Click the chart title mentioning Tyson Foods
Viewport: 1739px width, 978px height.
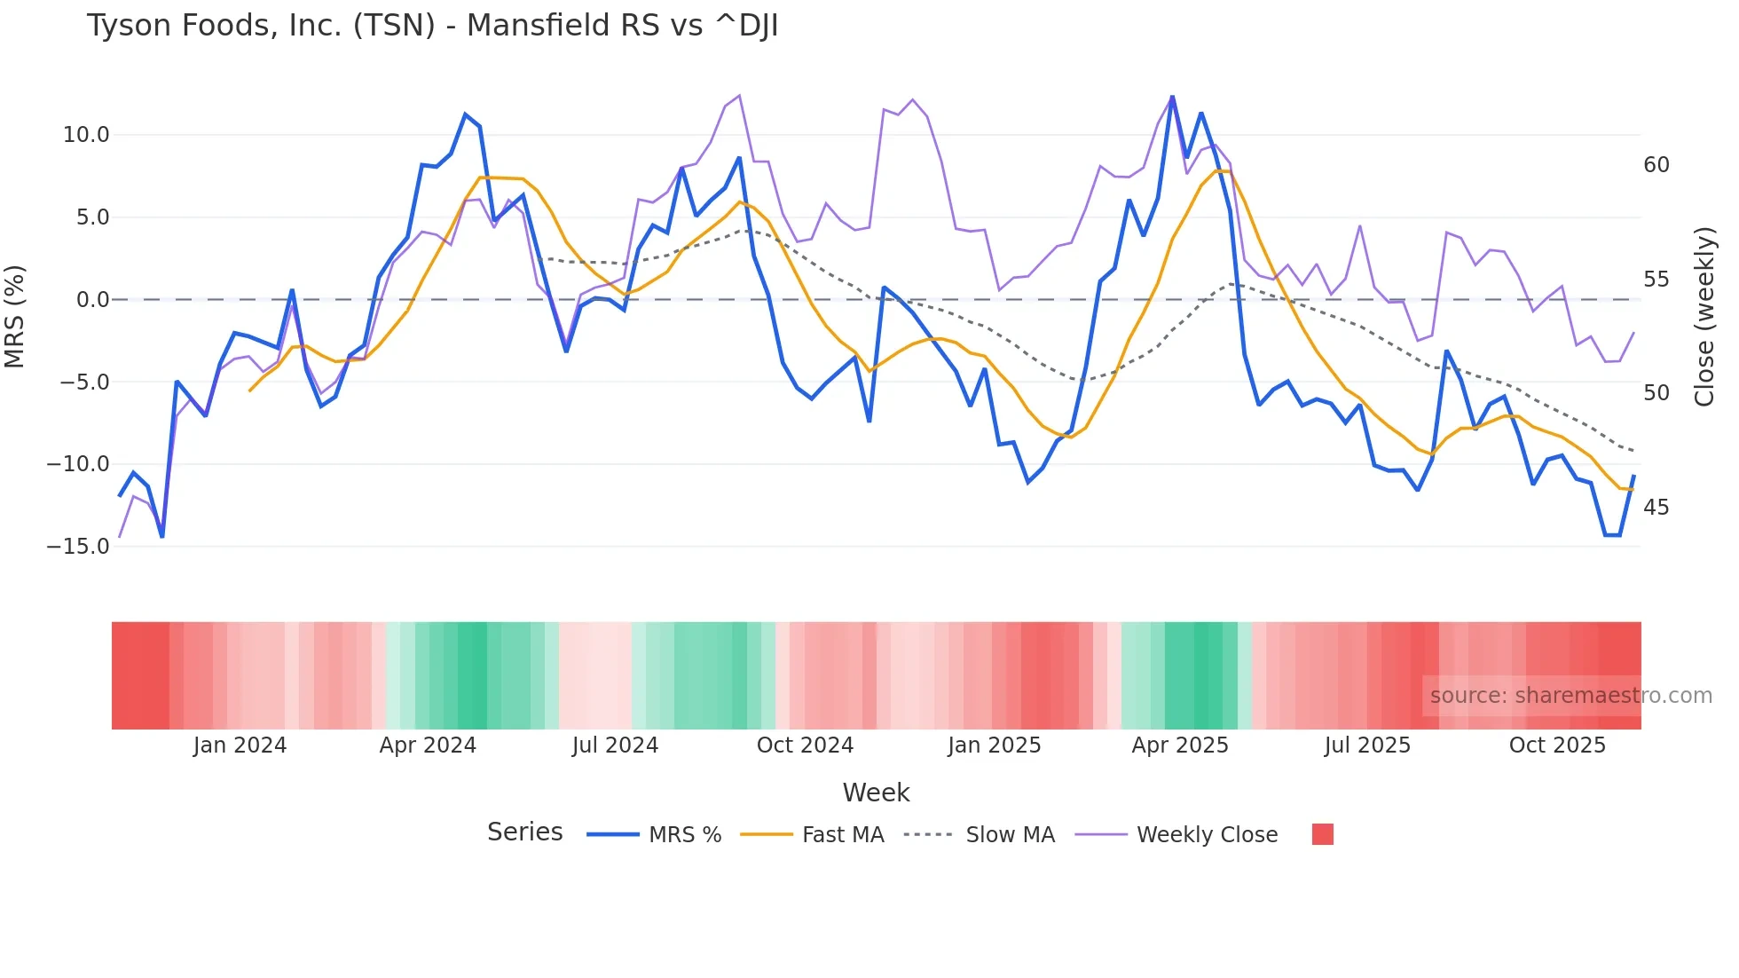432,26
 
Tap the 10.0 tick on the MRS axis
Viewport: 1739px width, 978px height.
86,135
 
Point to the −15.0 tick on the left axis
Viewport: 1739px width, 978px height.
78,547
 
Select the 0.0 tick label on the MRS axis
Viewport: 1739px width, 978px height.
92,300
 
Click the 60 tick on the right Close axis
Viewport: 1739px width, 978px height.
1656,165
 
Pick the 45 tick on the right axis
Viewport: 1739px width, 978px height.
1656,508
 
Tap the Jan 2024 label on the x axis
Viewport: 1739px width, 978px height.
240,745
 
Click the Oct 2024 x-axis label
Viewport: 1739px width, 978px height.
805,745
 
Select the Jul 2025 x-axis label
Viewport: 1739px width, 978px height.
1367,745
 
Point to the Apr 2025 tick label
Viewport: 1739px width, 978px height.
1180,745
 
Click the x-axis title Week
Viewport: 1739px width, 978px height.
876,793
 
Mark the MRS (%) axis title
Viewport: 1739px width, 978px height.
15,316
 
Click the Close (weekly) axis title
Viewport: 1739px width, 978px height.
1704,316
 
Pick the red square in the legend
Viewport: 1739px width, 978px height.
1322,834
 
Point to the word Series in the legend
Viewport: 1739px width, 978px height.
524,832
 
